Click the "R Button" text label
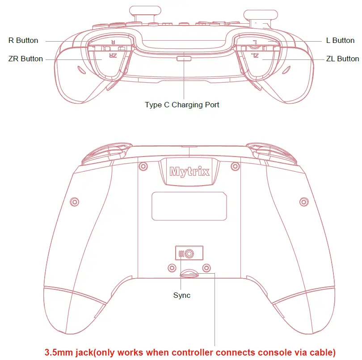tap(23, 40)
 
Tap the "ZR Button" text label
tap(25, 59)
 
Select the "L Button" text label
tap(340, 40)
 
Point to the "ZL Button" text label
tap(342, 59)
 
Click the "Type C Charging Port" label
tap(182, 105)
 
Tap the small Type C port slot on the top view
tap(183, 58)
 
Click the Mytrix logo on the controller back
tap(189, 171)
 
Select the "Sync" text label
tap(181, 295)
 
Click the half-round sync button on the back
tap(189, 274)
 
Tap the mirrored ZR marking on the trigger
tap(112, 55)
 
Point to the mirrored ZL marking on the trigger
tap(255, 55)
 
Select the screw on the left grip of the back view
tap(75, 201)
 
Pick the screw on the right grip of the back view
tap(303, 201)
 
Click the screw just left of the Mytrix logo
tap(143, 166)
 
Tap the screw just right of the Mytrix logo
tap(235, 166)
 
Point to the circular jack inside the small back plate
tap(189, 254)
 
